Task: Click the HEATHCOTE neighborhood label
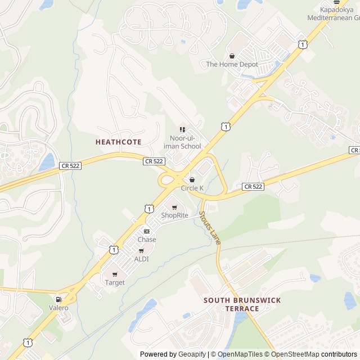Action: pos(119,142)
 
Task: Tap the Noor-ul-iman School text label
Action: pos(182,142)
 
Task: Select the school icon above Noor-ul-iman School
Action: pos(182,130)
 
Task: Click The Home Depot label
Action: pos(232,64)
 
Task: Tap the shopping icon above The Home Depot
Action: pos(232,56)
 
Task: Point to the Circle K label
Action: pos(192,188)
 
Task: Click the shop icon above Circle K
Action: pos(192,179)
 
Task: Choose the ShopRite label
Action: pos(174,215)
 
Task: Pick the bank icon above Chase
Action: pos(147,231)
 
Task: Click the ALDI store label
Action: pos(141,259)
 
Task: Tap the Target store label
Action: pos(115,282)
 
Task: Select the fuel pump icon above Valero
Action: pos(58,299)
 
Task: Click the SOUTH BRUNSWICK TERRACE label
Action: pos(242,304)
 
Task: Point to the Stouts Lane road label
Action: pos(210,227)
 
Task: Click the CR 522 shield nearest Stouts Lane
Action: pos(253,186)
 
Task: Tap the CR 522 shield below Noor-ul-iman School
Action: pos(154,161)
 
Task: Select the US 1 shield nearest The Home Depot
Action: pos(303,44)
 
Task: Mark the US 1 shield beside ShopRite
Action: pos(148,209)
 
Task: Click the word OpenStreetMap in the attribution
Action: pos(294,354)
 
